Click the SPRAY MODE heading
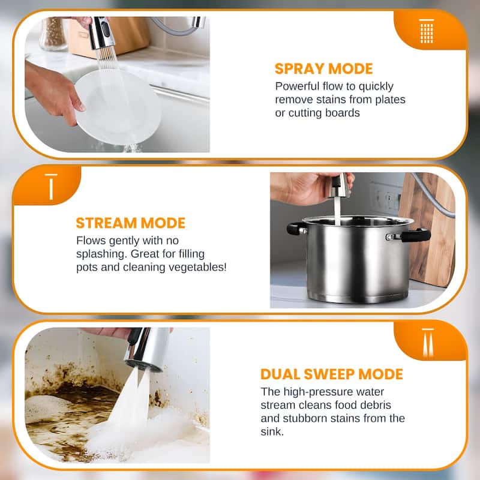323,68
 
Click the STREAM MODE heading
130,223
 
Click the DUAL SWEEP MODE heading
331,374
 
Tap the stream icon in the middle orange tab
51,187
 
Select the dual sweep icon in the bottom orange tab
427,343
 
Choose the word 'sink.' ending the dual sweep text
274,431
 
